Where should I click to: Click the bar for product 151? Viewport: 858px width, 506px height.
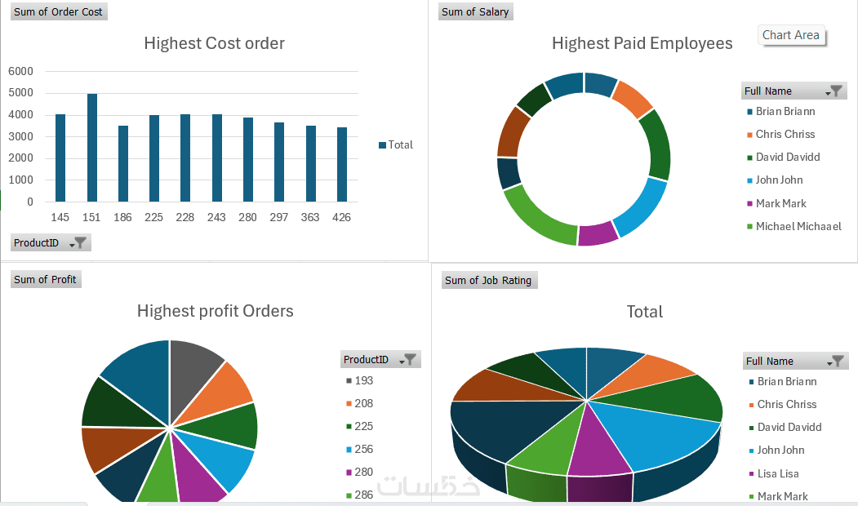coord(92,148)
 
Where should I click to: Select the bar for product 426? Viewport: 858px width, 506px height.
coord(342,164)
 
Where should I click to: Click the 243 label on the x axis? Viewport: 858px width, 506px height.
coord(216,217)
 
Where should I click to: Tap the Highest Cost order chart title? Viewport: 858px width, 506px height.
coord(214,43)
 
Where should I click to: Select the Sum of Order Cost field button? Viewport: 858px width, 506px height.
coord(58,11)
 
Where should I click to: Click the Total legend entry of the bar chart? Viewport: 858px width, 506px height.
coord(396,144)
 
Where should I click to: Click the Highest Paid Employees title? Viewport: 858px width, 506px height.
coord(642,43)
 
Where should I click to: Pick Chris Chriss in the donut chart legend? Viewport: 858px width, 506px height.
coord(785,134)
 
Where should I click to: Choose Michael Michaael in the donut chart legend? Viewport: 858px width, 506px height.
coord(798,226)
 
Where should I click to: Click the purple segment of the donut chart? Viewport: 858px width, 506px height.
coord(598,233)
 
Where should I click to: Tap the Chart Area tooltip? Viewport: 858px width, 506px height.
coord(790,35)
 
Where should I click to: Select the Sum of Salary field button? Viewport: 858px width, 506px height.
coord(475,11)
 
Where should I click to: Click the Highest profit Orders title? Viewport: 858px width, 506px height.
coord(215,311)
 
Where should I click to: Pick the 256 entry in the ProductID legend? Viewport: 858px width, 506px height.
coord(363,449)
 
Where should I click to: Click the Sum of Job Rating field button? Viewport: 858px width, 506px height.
coord(488,280)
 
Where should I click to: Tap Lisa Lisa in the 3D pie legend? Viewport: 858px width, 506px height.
coord(777,473)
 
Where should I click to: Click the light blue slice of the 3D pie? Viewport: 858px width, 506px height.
coord(653,433)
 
